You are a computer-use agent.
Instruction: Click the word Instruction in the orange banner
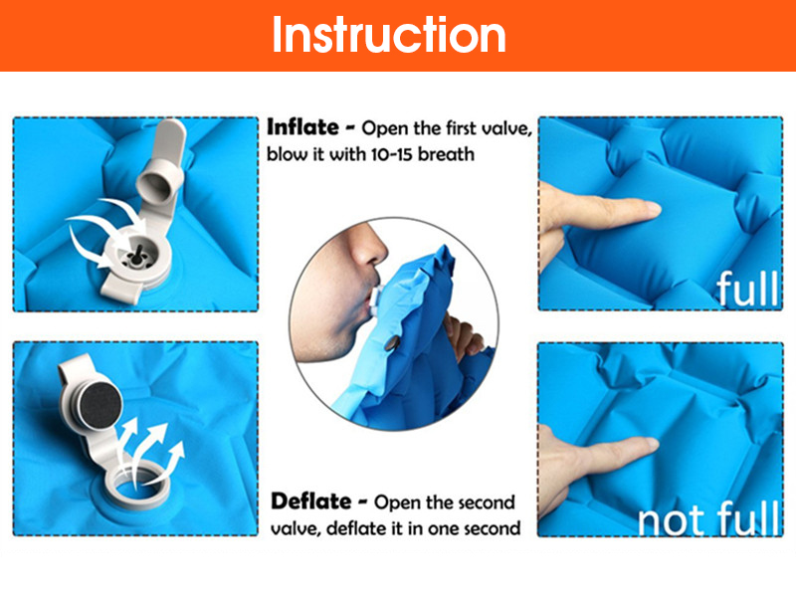[x=389, y=35]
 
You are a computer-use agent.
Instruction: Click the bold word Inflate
[x=302, y=127]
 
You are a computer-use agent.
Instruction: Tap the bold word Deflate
[x=310, y=501]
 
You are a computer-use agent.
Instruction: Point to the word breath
[x=446, y=153]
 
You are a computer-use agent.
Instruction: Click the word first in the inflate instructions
[x=461, y=128]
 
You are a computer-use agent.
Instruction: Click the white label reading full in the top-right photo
[x=747, y=288]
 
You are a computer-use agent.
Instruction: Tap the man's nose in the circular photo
[x=369, y=245]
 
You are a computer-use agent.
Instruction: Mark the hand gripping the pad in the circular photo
[x=463, y=336]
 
